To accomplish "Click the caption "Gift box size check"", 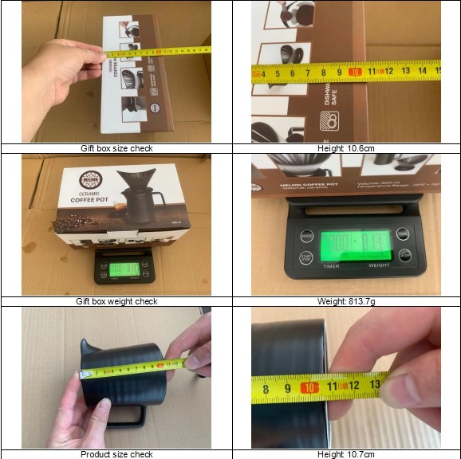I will [116, 148].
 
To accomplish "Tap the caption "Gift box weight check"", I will [116, 301].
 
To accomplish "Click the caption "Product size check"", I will [116, 454].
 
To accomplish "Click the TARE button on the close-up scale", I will [404, 255].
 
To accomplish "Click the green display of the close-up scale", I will [356, 243].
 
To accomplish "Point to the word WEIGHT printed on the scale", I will [378, 266].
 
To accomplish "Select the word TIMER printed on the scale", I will [331, 266].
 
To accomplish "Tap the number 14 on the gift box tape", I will [423, 71].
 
